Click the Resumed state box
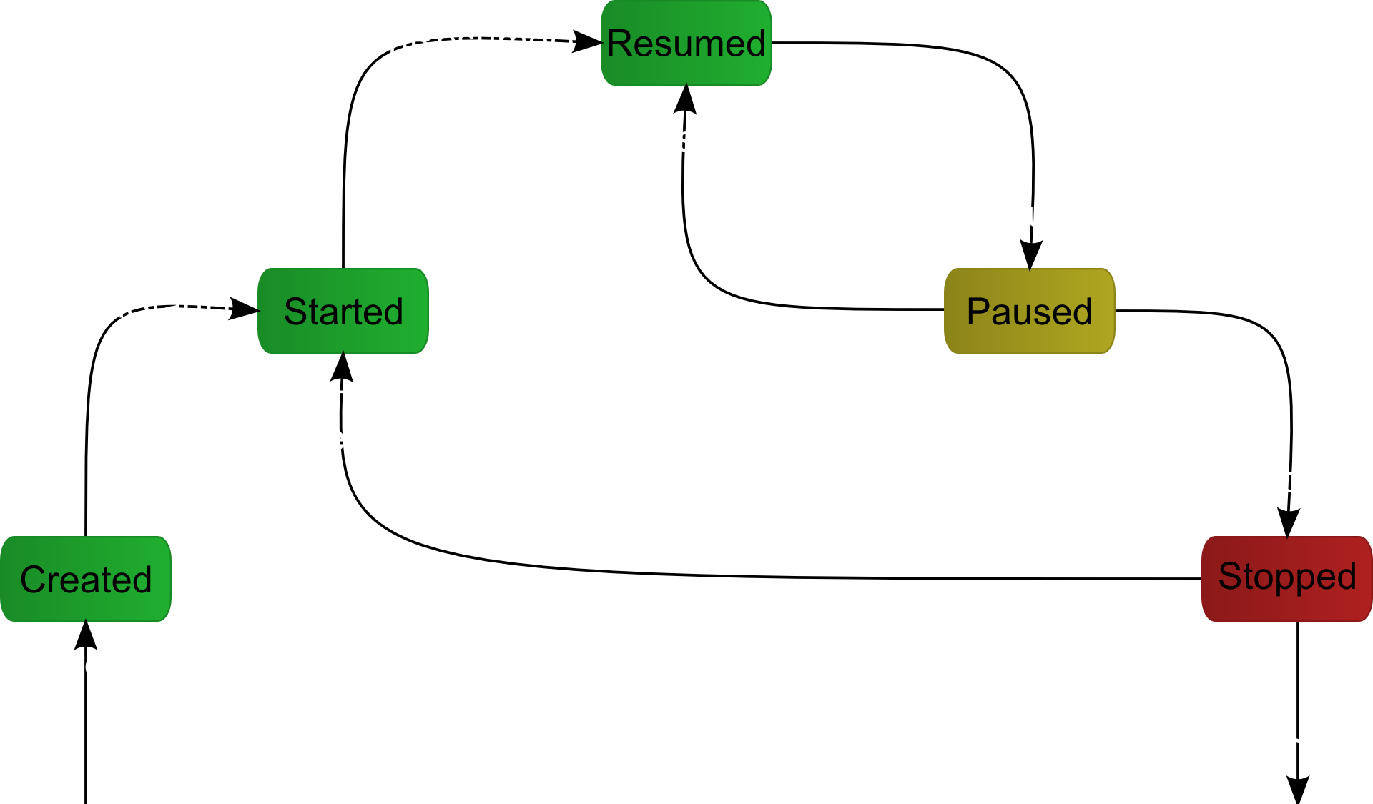coord(686,43)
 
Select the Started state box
coord(343,311)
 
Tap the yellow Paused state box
coord(1029,311)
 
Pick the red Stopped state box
coord(1286,577)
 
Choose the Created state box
coord(85,579)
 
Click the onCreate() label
coord(92,665)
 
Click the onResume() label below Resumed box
coord(690,139)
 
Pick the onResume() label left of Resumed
coord(471,41)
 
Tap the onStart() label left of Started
coord(157,306)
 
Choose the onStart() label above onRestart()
coord(345,397)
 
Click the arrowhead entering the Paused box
coord(1030,254)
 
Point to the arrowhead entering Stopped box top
coord(1287,523)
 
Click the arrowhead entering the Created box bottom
coord(86,635)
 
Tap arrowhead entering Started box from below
coord(343,366)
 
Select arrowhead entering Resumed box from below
coord(686,99)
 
